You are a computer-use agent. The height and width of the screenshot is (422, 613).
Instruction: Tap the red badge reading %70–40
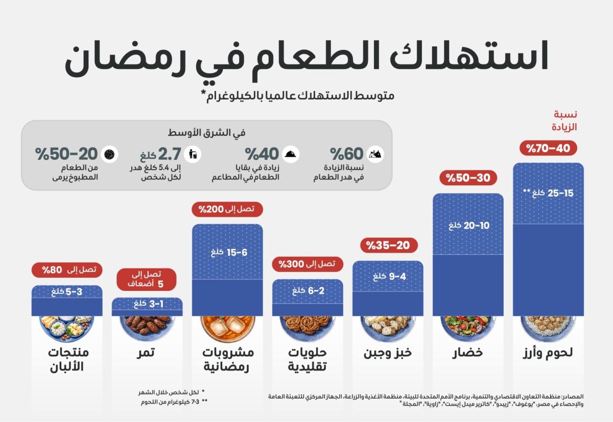(548, 148)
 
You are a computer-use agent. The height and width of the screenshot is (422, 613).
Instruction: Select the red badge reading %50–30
(468, 178)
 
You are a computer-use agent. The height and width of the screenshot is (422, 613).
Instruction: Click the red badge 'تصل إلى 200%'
(227, 209)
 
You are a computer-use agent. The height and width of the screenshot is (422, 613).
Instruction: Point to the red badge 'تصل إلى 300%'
(307, 264)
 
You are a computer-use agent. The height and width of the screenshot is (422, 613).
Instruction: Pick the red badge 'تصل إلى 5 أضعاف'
(147, 279)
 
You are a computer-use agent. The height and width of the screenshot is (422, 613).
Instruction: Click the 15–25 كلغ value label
(548, 193)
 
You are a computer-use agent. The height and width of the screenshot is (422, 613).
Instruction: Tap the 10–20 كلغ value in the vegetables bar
(468, 225)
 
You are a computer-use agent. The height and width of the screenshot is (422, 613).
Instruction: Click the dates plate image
(147, 326)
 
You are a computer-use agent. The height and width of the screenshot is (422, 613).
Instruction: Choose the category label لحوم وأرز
(548, 353)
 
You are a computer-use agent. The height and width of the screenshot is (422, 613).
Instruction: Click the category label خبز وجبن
(388, 353)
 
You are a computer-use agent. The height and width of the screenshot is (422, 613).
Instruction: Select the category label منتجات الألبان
(67, 359)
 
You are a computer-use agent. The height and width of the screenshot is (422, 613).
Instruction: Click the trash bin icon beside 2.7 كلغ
(194, 154)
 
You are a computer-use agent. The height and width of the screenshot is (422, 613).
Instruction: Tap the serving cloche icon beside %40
(291, 154)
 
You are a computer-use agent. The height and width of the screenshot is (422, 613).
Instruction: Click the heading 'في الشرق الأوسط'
(206, 133)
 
